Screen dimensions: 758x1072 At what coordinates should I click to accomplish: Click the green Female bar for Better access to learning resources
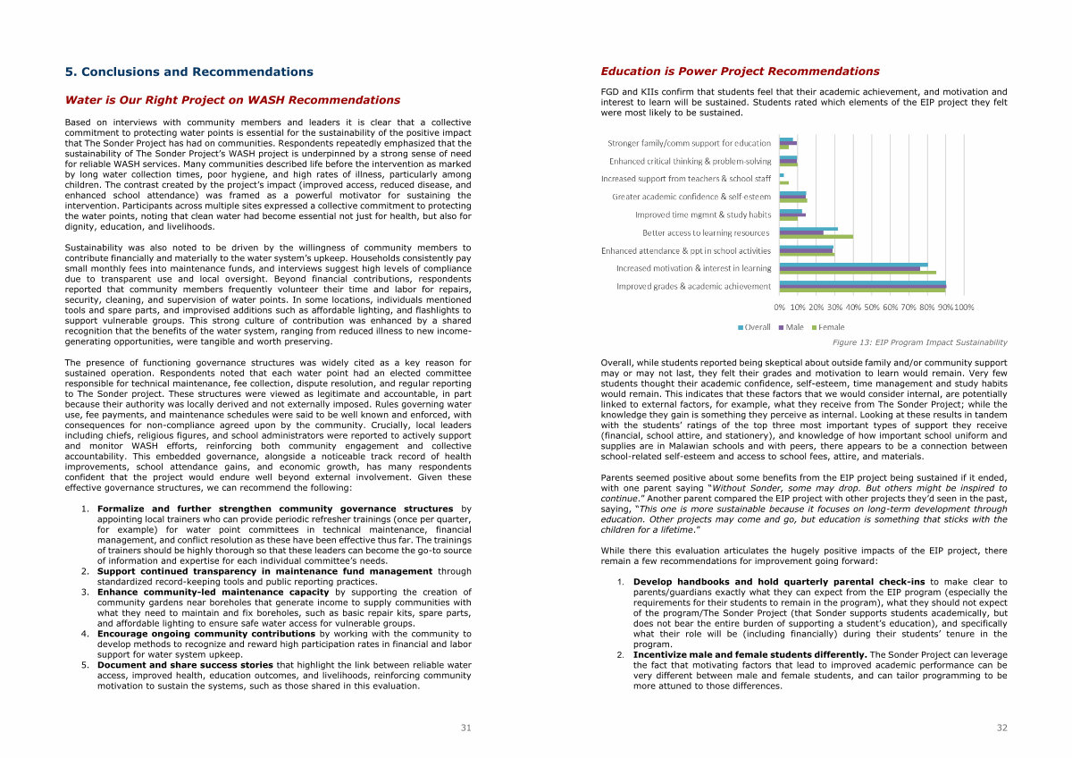816,237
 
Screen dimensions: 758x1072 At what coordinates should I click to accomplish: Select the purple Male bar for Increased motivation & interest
849,268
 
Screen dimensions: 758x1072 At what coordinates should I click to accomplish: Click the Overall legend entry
755,327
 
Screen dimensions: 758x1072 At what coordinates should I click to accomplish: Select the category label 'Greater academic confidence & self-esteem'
691,197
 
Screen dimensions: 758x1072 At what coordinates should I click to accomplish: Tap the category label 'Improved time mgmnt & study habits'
703,215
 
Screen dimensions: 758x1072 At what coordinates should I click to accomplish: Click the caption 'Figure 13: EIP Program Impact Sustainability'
919,342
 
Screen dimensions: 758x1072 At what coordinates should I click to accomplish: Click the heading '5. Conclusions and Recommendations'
189,72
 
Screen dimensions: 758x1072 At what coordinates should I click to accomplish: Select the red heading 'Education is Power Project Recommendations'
740,72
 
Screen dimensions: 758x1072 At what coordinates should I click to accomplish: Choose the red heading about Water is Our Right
232,100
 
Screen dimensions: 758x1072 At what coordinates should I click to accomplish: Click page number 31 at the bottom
465,728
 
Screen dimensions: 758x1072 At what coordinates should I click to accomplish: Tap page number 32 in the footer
1001,728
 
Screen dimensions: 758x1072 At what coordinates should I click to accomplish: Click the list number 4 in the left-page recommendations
85,634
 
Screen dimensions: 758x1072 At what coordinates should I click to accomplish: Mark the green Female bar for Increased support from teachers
784,182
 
